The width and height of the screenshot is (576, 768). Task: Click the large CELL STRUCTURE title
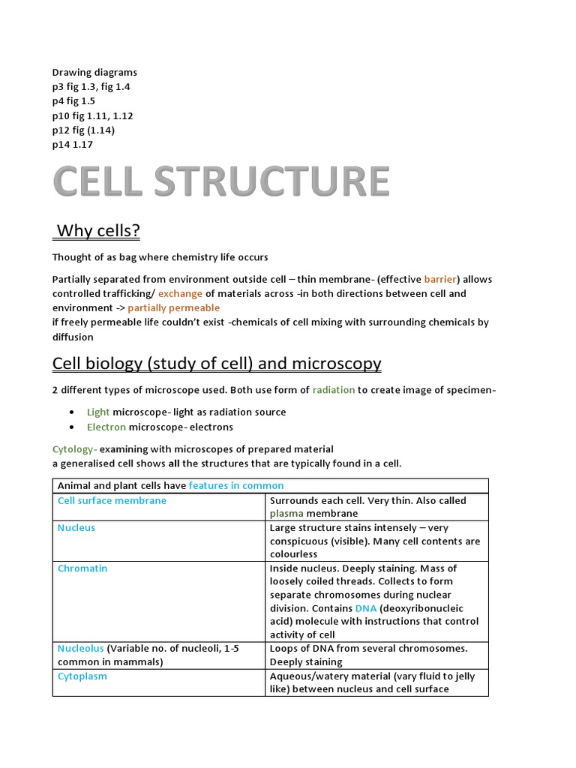coord(221,182)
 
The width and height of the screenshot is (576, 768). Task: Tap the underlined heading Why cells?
coord(97,231)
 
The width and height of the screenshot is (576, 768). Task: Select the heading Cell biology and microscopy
coord(217,364)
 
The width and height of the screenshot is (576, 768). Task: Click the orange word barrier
coord(441,279)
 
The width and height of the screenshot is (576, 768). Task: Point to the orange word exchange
coord(180,293)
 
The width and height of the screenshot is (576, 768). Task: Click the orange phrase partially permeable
coord(174,307)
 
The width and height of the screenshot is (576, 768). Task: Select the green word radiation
coord(334,390)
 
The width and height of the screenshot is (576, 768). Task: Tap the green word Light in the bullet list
coord(98,412)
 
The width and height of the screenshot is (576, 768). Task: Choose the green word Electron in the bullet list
coord(106,427)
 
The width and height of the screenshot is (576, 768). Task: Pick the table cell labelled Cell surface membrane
coord(112,500)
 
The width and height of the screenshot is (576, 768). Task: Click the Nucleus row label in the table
coord(76,527)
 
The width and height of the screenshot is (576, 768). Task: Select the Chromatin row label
coord(82,568)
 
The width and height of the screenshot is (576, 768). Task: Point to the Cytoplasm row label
coord(82,676)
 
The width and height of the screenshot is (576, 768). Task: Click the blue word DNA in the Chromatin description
coord(366,607)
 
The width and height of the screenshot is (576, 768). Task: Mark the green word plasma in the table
coord(286,514)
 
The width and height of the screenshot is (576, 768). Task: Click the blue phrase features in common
coord(236,485)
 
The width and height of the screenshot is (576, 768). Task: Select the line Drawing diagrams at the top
coord(94,73)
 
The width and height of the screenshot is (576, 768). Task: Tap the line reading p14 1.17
coord(73,144)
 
